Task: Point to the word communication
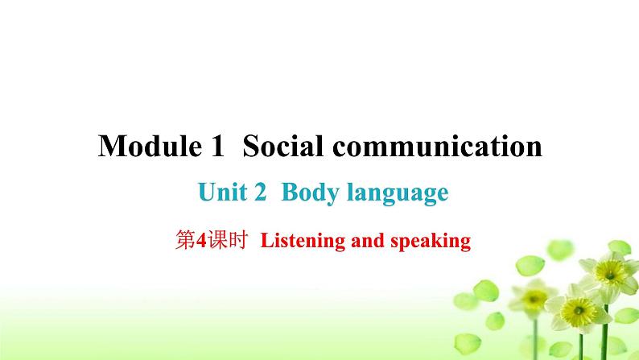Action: [x=433, y=147]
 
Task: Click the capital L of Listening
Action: [x=266, y=240]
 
